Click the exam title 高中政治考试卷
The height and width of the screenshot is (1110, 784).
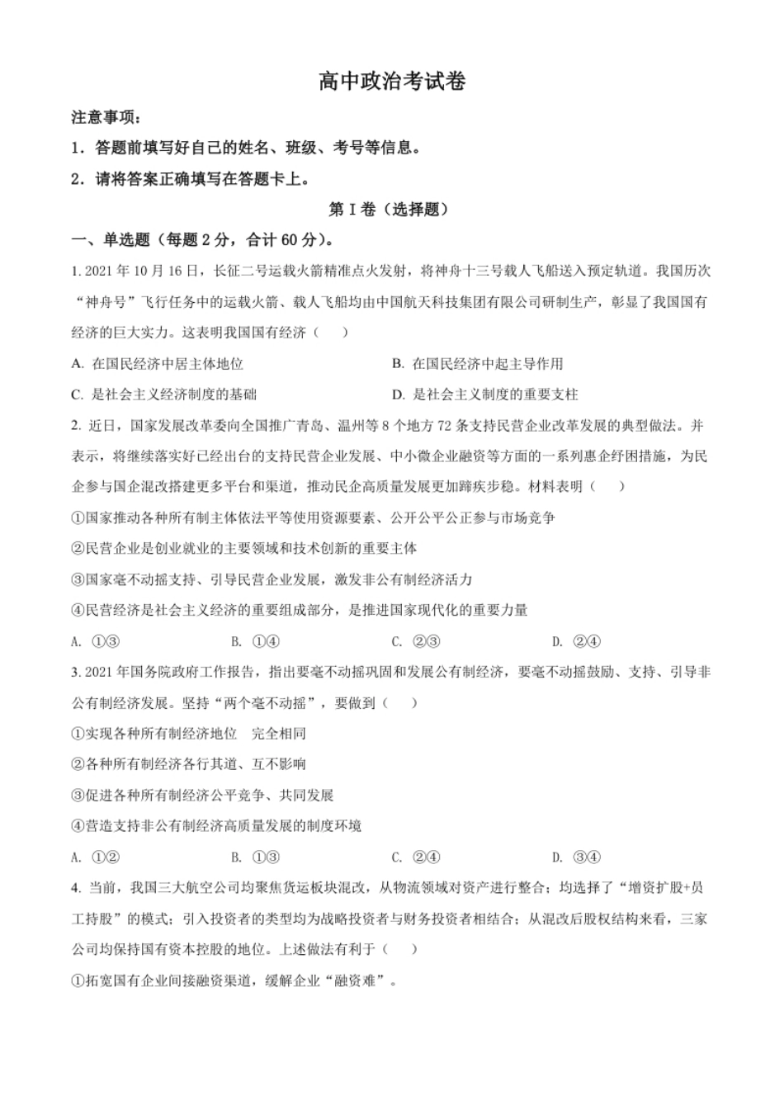click(x=392, y=82)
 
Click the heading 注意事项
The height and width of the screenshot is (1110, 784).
click(x=106, y=118)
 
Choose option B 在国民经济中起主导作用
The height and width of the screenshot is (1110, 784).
click(x=479, y=364)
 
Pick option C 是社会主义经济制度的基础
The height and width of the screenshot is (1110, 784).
click(x=164, y=394)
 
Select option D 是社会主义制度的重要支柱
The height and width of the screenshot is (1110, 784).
click(x=486, y=394)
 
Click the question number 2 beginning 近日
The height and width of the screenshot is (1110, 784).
click(x=75, y=426)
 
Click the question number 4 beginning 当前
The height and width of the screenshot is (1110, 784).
click(x=75, y=888)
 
